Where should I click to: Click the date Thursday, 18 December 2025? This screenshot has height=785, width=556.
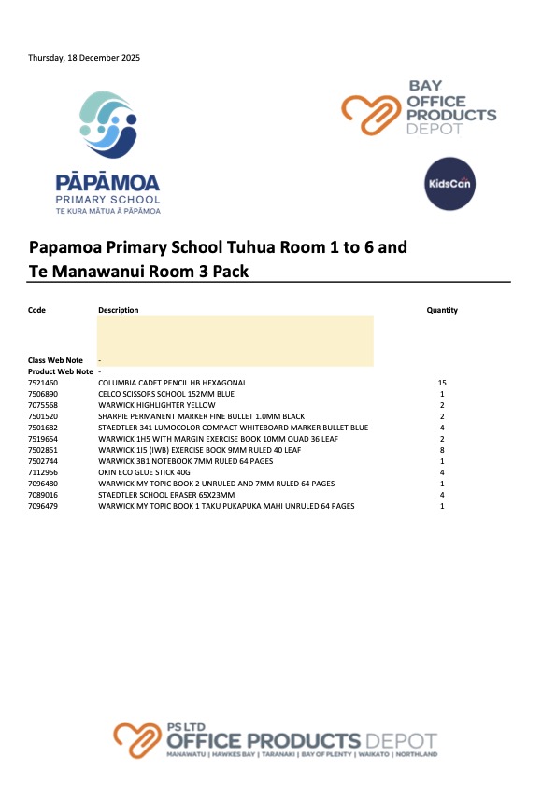84,58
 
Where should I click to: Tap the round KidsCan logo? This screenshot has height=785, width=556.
449,183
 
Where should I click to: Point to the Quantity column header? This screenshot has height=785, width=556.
442,311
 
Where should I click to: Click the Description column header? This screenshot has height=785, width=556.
118,311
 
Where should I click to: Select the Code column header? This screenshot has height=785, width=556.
36,311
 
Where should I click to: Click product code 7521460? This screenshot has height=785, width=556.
43,383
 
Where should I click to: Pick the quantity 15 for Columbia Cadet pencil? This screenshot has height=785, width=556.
442,383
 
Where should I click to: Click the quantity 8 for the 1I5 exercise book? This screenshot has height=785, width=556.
442,450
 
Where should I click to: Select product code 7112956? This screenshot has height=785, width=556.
43,472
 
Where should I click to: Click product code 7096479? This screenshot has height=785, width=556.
43,506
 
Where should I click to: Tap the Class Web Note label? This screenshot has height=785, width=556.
55,360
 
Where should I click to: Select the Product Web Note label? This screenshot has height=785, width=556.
60,371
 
